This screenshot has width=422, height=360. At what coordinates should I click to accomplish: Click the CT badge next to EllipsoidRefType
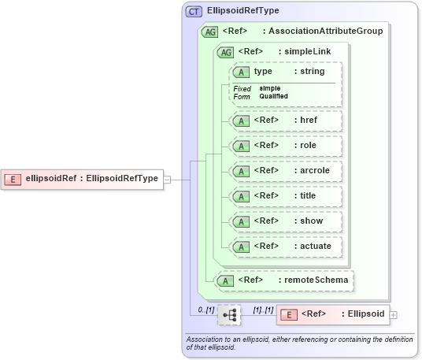tap(193, 12)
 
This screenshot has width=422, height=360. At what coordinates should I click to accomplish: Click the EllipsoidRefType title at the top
tap(242, 12)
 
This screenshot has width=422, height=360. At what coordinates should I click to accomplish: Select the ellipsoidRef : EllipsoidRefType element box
tap(82, 179)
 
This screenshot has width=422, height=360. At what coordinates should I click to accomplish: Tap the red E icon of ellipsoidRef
tap(13, 179)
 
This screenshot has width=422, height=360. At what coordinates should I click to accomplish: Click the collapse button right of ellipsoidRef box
tap(167, 179)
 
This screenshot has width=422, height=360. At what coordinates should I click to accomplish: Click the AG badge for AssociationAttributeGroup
tap(210, 32)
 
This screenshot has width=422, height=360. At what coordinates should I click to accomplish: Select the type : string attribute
tap(285, 72)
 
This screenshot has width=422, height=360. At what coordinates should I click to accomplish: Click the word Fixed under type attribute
tap(242, 88)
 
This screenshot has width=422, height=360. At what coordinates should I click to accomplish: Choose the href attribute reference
tap(285, 121)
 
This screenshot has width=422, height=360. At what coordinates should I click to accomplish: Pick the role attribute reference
tap(285, 146)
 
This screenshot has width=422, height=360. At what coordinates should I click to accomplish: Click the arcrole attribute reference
tap(285, 170)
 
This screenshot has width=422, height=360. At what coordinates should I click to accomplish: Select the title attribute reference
tap(285, 195)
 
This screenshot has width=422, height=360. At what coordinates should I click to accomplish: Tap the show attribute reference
tap(285, 221)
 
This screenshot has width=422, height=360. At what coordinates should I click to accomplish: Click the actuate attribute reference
tap(285, 246)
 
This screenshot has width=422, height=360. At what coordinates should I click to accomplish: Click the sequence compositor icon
tap(230, 315)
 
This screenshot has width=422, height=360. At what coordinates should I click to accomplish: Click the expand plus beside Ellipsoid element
tap(394, 314)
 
